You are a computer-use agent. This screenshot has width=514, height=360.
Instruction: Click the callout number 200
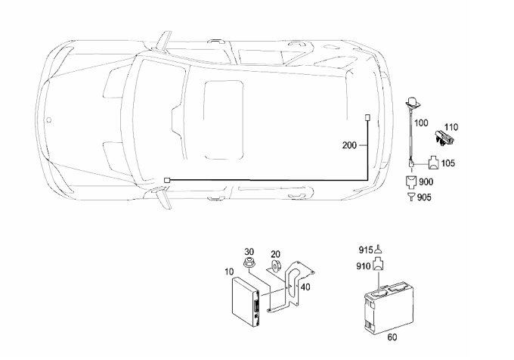349,145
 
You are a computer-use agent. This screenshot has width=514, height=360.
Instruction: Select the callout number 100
421,123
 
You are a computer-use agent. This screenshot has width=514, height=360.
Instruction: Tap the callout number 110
451,127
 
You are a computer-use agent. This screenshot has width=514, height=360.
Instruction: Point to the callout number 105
448,163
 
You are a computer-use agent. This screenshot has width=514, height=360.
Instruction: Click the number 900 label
426,182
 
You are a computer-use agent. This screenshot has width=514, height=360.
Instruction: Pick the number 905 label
424,197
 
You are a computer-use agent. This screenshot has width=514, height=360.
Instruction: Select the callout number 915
366,250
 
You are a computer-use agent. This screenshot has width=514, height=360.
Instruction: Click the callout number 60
392,337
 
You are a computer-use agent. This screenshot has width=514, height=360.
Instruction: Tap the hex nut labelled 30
249,263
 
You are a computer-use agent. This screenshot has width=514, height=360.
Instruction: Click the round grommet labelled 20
274,265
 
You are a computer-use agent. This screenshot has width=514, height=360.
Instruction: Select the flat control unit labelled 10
246,302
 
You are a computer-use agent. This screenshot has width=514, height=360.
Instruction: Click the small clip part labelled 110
444,137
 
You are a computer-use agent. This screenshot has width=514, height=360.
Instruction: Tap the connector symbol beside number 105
435,163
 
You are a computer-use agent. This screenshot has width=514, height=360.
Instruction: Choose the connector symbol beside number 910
379,264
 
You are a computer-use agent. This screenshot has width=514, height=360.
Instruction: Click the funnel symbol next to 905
411,197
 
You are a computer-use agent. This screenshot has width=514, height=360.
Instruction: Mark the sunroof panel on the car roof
224,120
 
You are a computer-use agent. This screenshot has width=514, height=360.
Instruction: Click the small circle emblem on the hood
48,120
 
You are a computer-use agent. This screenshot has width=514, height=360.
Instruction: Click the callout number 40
305,287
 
